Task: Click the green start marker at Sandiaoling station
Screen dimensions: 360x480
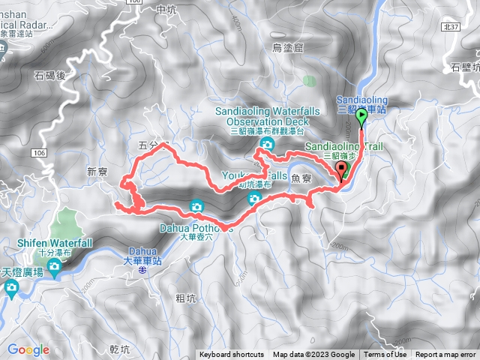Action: pos(361,117)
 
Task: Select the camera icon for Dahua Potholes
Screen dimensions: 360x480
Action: pos(196,205)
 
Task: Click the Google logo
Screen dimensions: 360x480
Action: pos(28,349)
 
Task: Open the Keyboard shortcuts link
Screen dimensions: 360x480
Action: pos(231,355)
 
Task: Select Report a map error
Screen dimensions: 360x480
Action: pos(445,355)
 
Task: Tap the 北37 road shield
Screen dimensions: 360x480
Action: pos(450,25)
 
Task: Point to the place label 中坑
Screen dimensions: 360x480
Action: pos(166,9)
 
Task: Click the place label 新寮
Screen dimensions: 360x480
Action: pos(97,172)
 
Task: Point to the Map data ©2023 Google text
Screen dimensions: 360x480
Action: pos(313,355)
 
